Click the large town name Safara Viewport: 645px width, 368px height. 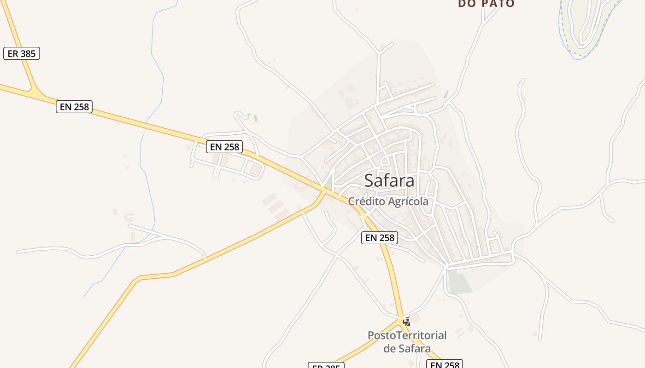(389, 181)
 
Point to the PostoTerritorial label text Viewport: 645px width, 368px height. (407, 335)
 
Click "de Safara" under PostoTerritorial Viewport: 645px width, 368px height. (407, 348)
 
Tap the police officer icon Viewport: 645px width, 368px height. (406, 322)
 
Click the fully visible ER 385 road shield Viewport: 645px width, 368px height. (22, 53)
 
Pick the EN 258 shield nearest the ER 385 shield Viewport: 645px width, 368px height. (74, 107)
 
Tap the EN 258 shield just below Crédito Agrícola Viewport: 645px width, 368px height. (379, 237)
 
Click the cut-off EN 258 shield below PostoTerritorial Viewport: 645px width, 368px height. (444, 364)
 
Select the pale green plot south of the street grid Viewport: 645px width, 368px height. (459, 282)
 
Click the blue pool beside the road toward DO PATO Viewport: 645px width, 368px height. (446, 94)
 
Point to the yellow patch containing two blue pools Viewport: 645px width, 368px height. (252, 117)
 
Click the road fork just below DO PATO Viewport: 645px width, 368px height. (483, 24)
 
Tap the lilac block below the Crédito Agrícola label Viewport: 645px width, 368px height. (387, 224)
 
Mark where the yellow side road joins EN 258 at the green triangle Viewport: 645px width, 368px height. (324, 191)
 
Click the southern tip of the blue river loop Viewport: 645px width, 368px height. (577, 58)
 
